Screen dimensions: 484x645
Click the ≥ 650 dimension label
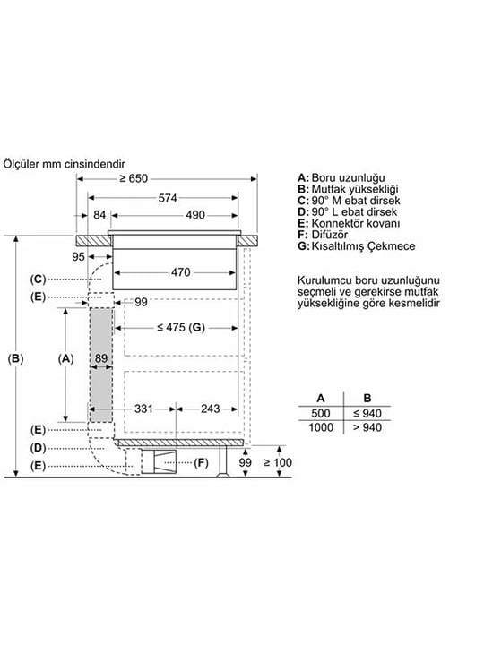tap(133, 178)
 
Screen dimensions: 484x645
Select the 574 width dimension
tap(168, 198)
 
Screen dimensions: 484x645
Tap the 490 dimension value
tap(195, 215)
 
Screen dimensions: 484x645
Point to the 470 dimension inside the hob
tap(181, 272)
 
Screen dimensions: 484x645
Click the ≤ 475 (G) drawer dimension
tap(181, 328)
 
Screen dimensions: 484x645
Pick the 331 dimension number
tap(143, 408)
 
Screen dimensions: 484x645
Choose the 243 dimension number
tap(211, 408)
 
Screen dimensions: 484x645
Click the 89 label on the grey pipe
tap(101, 358)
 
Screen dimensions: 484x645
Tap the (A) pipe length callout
tap(65, 358)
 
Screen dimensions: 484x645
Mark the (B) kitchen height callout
tap(15, 358)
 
